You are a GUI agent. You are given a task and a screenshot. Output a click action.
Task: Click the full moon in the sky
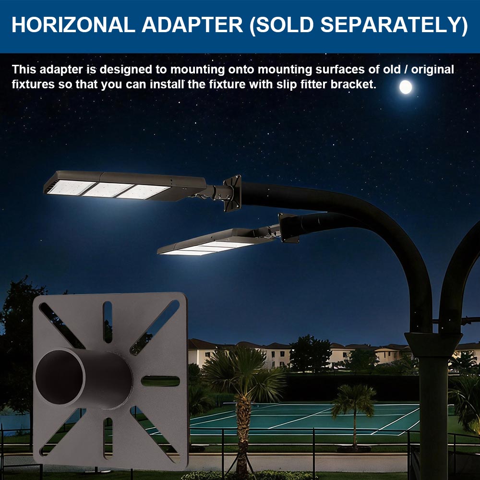(406, 87)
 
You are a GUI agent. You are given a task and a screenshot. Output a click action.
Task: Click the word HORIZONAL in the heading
(72, 25)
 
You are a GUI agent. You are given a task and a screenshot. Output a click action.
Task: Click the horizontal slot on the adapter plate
(160, 381)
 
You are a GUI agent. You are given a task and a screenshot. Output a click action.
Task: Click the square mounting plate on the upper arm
(232, 193)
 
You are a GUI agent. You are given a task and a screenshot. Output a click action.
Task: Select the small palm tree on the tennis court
(353, 408)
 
